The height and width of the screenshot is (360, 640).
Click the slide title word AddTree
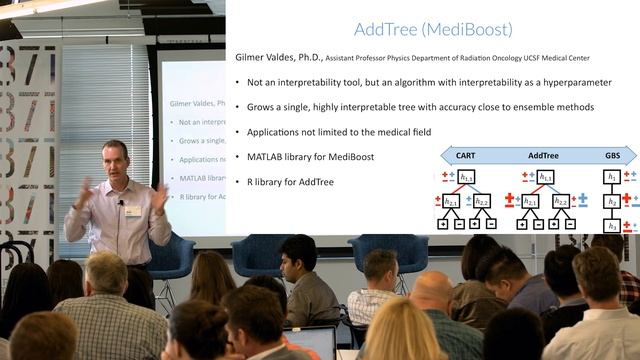pyautogui.click(x=386, y=30)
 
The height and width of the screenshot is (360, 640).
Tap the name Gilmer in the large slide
pyautogui.click(x=253, y=58)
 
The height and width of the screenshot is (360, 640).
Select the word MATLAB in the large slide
pyautogui.click(x=274, y=157)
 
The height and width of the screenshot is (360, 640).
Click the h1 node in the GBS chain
pyautogui.click(x=612, y=176)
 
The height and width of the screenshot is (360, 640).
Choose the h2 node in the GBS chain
pyautogui.click(x=612, y=200)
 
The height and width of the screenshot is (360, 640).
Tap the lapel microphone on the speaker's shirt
pyautogui.click(x=121, y=204)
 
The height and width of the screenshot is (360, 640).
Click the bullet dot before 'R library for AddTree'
pyautogui.click(x=237, y=182)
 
